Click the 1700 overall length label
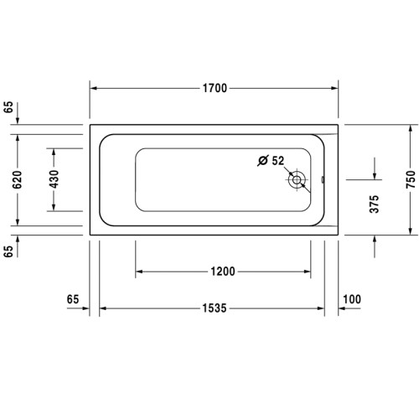[x=214, y=88]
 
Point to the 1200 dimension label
[x=222, y=272]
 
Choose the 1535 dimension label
[x=214, y=309]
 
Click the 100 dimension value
[x=352, y=298]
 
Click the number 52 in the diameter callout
[x=278, y=160]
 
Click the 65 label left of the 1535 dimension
[x=72, y=298]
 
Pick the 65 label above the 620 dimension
[x=8, y=106]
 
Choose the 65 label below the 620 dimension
[x=8, y=251]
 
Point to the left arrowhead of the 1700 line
[x=95, y=88]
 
